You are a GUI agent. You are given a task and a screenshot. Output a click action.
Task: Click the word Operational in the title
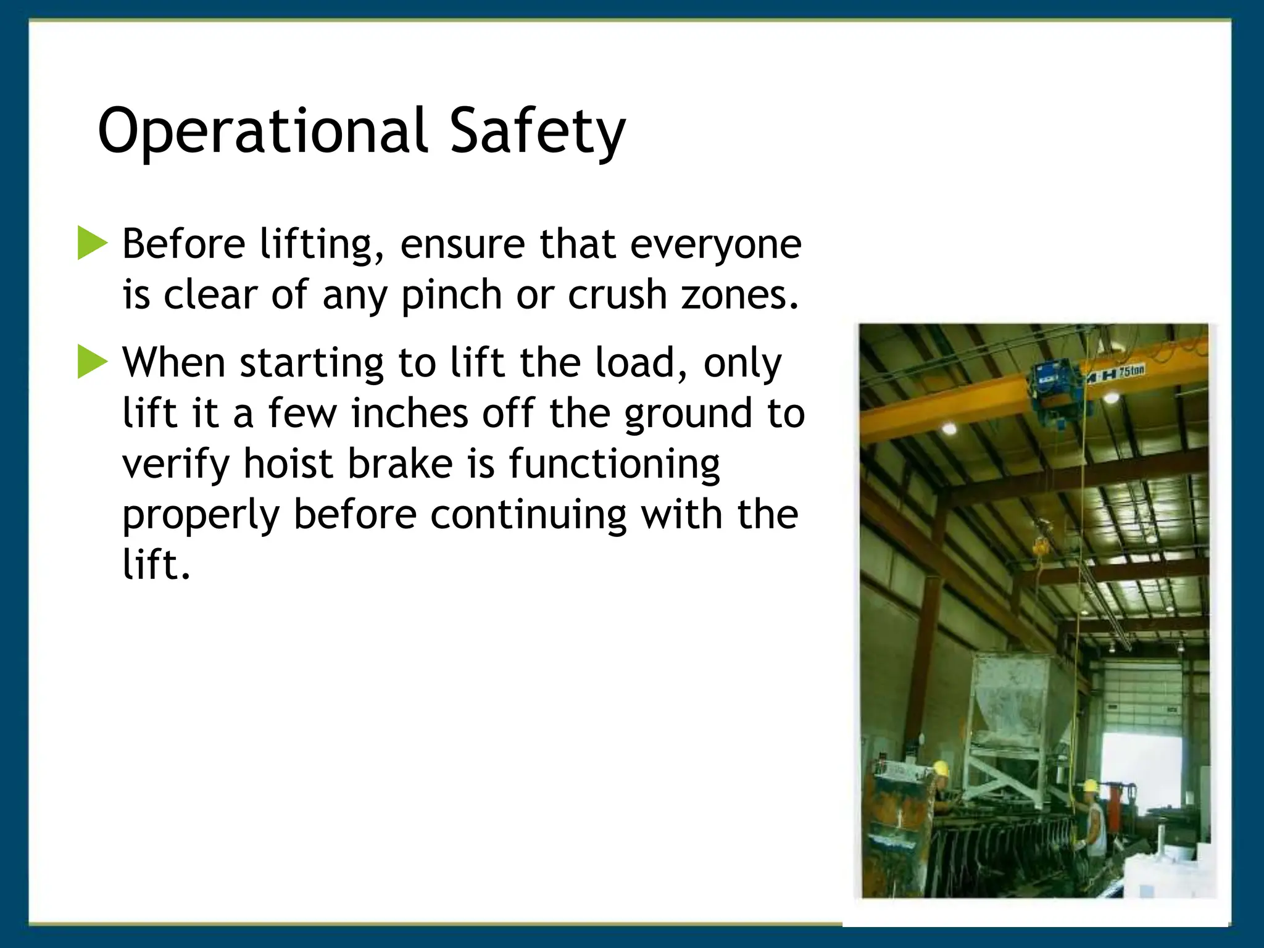pyautogui.click(x=262, y=131)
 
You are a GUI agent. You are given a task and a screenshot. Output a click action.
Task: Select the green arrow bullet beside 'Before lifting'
pyautogui.click(x=92, y=243)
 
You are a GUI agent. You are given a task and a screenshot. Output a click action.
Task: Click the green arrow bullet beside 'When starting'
pyautogui.click(x=92, y=362)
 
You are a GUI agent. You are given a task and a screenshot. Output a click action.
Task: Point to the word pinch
pyautogui.click(x=451, y=295)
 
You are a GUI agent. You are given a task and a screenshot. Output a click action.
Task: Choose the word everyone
pyautogui.click(x=715, y=244)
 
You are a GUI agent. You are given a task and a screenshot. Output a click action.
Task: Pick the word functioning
pyautogui.click(x=614, y=464)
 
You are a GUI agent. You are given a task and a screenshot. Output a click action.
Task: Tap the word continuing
pyautogui.click(x=528, y=514)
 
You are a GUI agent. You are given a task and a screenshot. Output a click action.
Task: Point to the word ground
pyautogui.click(x=689, y=414)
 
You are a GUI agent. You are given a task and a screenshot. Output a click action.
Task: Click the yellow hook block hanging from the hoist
pyautogui.click(x=1041, y=546)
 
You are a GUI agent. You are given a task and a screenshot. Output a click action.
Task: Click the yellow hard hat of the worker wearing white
pyautogui.click(x=1091, y=786)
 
